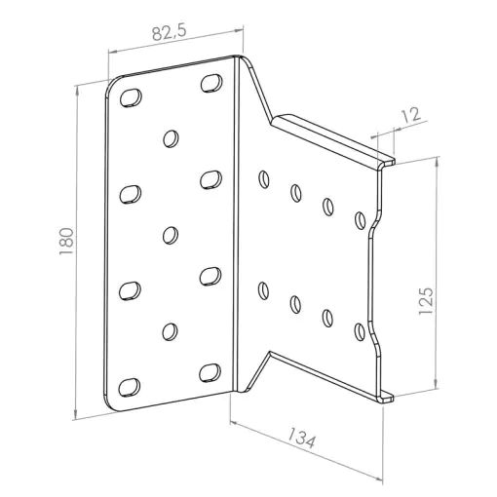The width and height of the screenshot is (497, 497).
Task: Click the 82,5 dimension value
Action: (169, 32)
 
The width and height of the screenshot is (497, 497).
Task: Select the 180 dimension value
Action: (66, 242)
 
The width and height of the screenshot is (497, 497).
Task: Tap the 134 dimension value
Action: (302, 438)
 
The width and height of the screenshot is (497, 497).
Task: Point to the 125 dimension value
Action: (426, 300)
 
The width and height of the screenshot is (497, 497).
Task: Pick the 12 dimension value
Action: (410, 114)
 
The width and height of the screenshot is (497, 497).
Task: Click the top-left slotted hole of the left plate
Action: (131, 97)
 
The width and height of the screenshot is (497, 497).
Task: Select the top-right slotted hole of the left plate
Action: (211, 83)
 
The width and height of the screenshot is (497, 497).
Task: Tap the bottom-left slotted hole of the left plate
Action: (130, 387)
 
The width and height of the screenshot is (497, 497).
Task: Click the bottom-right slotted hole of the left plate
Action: (210, 372)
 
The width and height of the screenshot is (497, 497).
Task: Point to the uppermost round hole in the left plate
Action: (171, 138)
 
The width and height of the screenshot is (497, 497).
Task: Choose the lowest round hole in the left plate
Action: (170, 331)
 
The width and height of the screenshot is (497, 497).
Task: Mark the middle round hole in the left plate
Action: (171, 235)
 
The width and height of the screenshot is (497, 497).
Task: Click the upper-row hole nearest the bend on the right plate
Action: (264, 179)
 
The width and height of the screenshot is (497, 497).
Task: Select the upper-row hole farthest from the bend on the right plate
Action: (360, 220)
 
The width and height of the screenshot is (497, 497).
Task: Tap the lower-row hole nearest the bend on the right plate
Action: (263, 290)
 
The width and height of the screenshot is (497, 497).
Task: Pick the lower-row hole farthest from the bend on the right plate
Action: (360, 331)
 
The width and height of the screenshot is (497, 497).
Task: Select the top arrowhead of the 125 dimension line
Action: (437, 162)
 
